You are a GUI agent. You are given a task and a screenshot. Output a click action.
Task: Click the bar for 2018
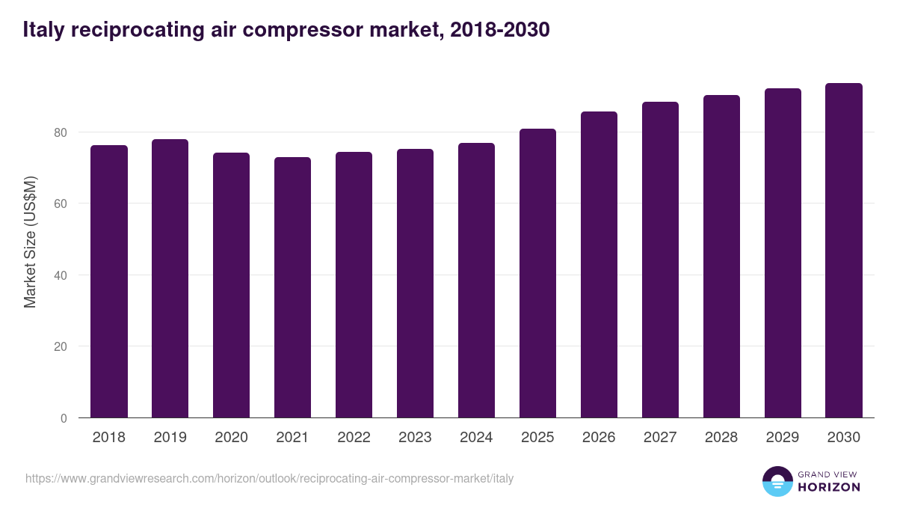[109, 281]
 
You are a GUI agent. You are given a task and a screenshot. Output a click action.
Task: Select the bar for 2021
[292, 287]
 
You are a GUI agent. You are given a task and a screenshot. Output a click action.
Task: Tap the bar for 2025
[537, 273]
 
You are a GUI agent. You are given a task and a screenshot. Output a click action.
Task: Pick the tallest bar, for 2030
[844, 251]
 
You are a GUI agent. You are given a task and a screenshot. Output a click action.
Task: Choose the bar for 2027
[660, 260]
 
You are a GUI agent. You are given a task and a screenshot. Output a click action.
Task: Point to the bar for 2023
[415, 284]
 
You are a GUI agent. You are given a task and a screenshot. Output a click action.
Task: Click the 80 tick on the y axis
[60, 132]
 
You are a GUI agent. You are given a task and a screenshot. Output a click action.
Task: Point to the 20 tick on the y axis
[60, 347]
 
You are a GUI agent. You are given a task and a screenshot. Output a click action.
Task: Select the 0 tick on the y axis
[64, 418]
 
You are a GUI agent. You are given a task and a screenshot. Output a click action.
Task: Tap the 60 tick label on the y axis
[60, 204]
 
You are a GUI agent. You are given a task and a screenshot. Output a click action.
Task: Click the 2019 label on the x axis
[170, 438]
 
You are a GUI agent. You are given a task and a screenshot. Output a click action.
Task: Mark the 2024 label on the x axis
[476, 438]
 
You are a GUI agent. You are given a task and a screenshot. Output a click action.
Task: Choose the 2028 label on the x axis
[721, 438]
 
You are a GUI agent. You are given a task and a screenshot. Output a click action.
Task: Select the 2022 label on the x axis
[354, 438]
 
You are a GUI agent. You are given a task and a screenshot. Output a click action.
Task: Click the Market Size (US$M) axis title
[30, 242]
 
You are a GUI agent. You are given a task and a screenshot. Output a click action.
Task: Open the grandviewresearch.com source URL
[269, 478]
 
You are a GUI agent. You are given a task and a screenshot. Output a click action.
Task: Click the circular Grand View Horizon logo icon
[777, 481]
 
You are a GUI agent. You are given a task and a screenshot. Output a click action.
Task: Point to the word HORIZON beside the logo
[829, 487]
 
